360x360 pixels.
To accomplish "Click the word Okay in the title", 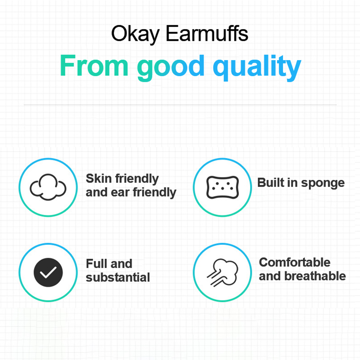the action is coord(135,34).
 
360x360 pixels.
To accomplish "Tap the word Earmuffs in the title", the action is coord(207,33).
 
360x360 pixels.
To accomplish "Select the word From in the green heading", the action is coord(94,65).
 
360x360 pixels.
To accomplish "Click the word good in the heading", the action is coord(171,68).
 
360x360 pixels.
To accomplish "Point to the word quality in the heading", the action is coord(257,68).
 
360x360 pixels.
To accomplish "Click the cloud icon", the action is coord(48,187).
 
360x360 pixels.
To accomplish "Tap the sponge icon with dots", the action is coord(222,187).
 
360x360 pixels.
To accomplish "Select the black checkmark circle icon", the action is coord(48,272).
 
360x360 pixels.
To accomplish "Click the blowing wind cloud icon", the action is coord(222,273).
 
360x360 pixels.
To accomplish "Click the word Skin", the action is coord(99,179).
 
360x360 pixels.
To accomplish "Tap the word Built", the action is coord(271,183).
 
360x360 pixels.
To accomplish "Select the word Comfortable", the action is coord(295,262).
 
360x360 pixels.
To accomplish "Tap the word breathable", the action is coord(315,276).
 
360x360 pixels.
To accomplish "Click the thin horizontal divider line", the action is coord(180,105).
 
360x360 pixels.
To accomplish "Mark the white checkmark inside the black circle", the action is coord(48,272).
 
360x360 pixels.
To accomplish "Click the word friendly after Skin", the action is coord(137,179).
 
